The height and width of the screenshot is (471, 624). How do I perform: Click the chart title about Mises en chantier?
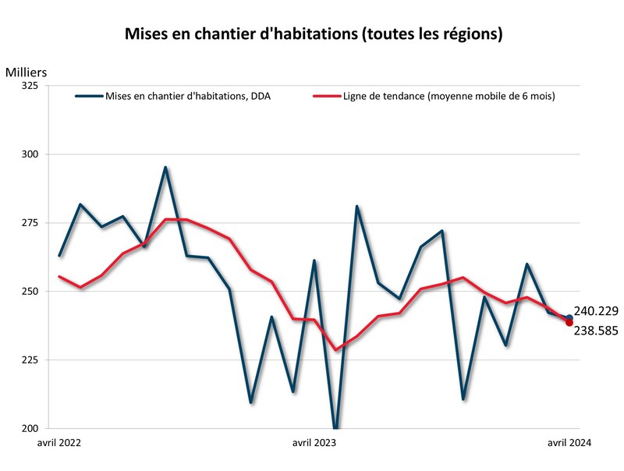point(314,35)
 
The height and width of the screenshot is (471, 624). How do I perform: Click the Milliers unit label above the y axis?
point(27,73)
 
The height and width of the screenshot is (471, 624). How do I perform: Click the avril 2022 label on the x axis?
point(60,443)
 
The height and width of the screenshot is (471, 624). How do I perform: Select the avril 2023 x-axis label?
point(314,443)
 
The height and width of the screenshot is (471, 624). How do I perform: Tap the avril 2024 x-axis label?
point(569,443)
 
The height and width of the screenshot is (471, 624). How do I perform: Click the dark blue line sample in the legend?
point(88,97)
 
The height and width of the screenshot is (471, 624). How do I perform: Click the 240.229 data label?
point(597,310)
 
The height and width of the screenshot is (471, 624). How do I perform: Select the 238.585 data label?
point(597,331)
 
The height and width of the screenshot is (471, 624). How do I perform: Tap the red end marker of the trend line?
point(570,323)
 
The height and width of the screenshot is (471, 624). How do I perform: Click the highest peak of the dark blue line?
point(165,167)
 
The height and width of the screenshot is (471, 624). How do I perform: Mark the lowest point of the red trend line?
point(336,349)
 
